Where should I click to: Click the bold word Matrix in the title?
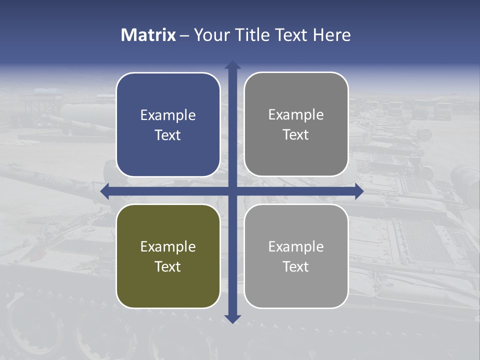coord(148,35)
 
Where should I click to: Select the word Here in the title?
coord(332,35)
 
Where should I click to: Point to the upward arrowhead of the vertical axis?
coord(232,65)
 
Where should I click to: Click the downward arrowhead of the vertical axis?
coord(232,318)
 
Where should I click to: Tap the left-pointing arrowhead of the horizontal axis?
coord(105,191)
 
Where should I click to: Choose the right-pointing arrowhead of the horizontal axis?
coord(358,191)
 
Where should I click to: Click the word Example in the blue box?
coord(168,115)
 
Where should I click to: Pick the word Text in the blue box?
coord(168,135)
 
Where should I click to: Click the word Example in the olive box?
coord(168,246)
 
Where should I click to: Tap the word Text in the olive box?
coord(168,266)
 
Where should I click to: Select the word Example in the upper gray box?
coord(296,115)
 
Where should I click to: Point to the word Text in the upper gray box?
coord(296,134)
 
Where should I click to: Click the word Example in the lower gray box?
coord(296,246)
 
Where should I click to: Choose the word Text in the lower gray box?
coord(296,266)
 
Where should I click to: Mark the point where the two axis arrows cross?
coord(232,191)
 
